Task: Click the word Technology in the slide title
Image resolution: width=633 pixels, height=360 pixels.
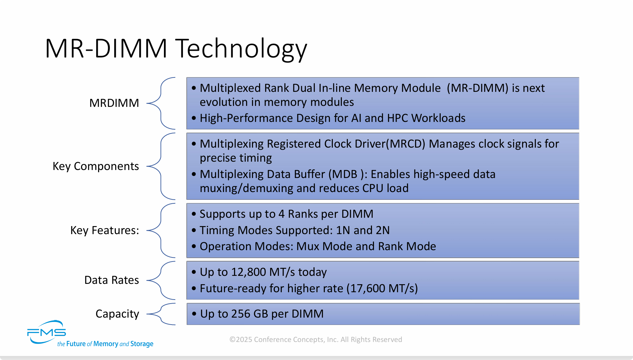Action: (x=241, y=49)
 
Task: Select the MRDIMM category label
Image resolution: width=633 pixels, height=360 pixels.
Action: (x=114, y=103)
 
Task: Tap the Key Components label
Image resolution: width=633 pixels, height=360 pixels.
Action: (x=96, y=166)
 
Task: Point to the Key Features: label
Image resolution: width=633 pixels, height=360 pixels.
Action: (x=104, y=230)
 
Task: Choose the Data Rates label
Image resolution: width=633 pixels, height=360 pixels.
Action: (x=112, y=280)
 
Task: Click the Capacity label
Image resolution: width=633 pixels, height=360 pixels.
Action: (x=117, y=314)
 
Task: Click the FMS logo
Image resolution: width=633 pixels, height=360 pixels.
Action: (x=46, y=332)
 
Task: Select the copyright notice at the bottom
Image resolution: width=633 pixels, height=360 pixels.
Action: (x=315, y=339)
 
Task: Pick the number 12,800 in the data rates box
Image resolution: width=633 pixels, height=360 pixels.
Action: (x=249, y=272)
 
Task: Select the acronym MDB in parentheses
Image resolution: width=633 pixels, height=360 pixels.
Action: (x=345, y=174)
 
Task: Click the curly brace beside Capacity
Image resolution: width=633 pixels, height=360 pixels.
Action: (x=161, y=314)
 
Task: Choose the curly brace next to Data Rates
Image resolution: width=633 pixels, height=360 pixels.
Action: (x=161, y=280)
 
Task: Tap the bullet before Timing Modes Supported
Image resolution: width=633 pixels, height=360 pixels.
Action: (x=194, y=230)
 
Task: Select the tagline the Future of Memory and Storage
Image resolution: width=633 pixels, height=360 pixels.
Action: (x=105, y=344)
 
